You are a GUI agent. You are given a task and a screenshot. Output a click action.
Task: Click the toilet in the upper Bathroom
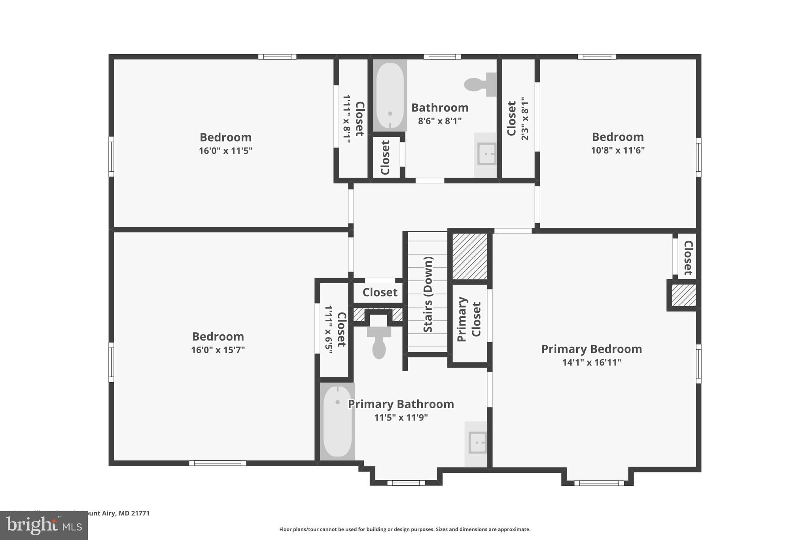coord(479,84)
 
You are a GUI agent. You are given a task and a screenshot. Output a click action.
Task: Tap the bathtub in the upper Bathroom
coord(390,96)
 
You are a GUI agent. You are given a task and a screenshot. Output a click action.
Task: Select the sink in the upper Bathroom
coord(486,154)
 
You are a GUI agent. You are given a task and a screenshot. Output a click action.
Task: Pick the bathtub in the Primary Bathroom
coord(337,421)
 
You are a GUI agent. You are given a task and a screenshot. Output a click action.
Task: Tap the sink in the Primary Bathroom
coord(477,443)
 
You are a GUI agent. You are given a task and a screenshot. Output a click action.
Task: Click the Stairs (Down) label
coord(428,294)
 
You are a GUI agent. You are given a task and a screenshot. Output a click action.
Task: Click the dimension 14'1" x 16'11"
coord(591,362)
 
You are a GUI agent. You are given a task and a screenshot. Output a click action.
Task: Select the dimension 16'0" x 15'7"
coord(218,350)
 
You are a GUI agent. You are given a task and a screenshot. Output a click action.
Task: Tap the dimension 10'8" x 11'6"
coord(617,150)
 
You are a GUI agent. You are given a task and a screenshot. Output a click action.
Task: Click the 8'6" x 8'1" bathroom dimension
coord(440,121)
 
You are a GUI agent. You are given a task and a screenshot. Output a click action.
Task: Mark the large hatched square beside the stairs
coord(469,256)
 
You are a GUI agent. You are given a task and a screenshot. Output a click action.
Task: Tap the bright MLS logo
coord(44,525)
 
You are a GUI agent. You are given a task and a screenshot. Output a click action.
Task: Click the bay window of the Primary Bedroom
coord(598,483)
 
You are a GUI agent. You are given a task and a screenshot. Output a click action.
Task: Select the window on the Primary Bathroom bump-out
coord(406,482)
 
